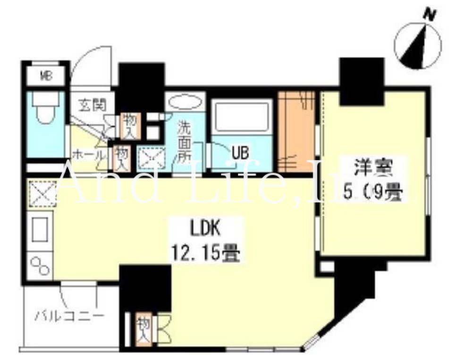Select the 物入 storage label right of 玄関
[x=128, y=126]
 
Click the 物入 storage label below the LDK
[x=143, y=329]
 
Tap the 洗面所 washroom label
[x=184, y=141]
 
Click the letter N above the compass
[x=430, y=15]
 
